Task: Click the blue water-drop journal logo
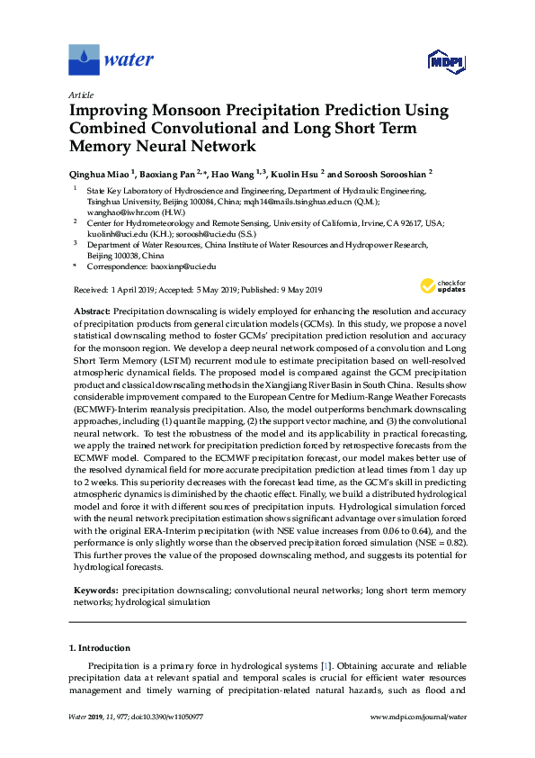coord(84,60)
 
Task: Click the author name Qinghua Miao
coord(98,174)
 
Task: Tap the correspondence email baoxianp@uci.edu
coord(181,267)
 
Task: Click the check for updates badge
coord(441,287)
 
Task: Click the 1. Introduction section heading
coord(99,648)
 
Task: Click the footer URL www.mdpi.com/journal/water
coord(419,742)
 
